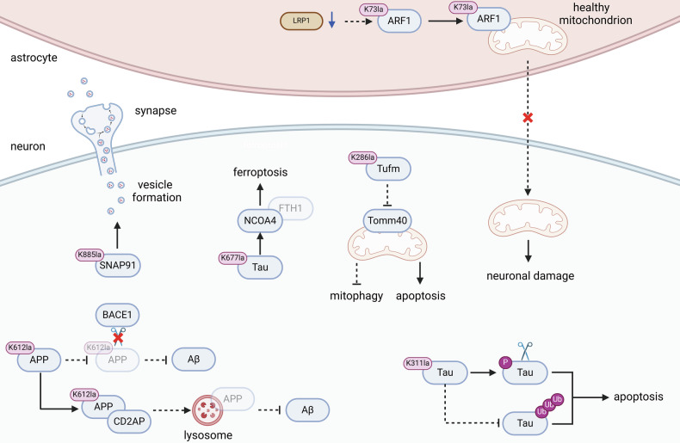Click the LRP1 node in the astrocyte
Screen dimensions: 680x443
coord(301,21)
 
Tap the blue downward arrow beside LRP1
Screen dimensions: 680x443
coord(331,20)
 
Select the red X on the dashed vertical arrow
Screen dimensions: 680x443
coord(528,118)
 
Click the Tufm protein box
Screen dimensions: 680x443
coord(388,169)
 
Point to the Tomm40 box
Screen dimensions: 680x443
coord(387,220)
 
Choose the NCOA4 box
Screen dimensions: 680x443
coord(260,220)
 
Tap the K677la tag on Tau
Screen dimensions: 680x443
coord(233,258)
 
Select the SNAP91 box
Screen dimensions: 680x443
coord(118,265)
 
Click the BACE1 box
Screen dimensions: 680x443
coord(117,315)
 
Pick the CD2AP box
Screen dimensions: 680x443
coord(129,421)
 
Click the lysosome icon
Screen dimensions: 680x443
coord(207,409)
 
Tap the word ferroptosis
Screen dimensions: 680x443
coord(260,172)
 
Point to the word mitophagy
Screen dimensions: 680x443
coord(356,296)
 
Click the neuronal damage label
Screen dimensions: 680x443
coord(530,275)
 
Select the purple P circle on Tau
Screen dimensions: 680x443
coord(505,362)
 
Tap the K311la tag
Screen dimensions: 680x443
coord(417,363)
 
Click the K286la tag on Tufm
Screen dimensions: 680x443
coord(362,157)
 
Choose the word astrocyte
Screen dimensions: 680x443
coord(34,58)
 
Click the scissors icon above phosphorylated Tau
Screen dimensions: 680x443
coord(525,351)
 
